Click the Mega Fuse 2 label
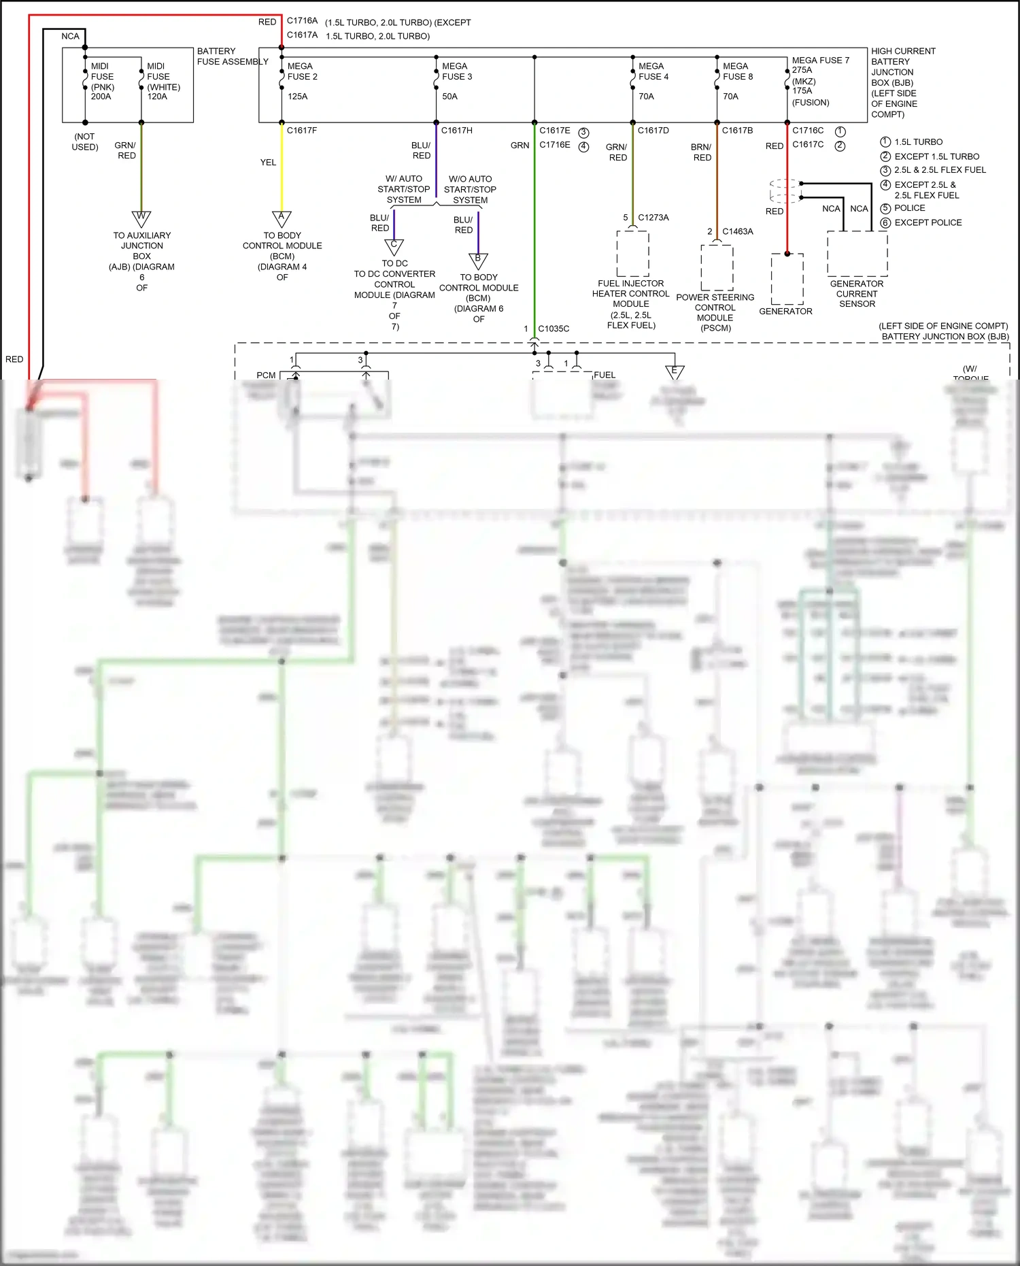point(302,71)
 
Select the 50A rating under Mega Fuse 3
point(449,97)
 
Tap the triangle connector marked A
point(282,218)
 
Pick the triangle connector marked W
point(141,218)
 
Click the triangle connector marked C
point(394,246)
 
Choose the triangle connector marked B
point(478,261)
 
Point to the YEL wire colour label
point(268,163)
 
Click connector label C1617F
point(302,131)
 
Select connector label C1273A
point(653,218)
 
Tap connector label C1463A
point(737,231)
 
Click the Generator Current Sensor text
point(856,294)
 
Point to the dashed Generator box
point(787,279)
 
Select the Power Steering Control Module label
point(715,312)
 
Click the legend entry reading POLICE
point(909,208)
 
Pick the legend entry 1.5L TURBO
point(918,142)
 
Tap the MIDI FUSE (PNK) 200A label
point(102,82)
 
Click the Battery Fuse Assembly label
point(232,56)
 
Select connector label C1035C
point(554,329)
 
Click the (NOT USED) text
point(85,141)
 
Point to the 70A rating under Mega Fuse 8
point(730,97)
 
